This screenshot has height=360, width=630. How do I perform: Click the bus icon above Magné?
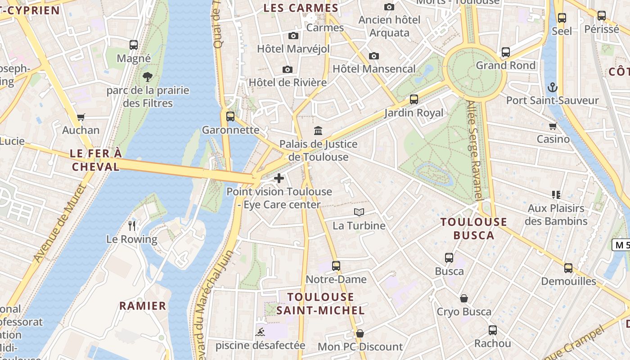134,45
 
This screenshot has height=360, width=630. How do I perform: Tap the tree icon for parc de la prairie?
148,77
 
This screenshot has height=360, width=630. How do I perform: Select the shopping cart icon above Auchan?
81,117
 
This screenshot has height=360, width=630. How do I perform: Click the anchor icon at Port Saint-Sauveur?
552,87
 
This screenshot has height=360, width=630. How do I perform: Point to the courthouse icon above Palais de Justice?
318,131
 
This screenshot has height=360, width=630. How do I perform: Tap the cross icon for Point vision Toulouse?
279,178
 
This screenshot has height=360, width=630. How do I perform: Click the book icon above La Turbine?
359,212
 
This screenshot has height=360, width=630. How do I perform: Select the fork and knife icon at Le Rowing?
132,225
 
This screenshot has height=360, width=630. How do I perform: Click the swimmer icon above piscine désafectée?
260,333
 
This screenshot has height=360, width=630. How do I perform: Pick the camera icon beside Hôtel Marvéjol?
293,36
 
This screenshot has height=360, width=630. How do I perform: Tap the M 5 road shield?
621,245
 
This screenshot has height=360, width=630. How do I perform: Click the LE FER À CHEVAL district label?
95,160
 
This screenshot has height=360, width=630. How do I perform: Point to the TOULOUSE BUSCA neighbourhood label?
474,228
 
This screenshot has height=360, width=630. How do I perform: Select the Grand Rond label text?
506,65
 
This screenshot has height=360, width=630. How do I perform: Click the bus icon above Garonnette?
230,117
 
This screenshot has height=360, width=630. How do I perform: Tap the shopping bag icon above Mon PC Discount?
360,333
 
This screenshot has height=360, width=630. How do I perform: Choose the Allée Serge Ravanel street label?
474,151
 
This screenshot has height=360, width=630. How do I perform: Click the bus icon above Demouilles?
568,268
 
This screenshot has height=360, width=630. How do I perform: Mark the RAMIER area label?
143,306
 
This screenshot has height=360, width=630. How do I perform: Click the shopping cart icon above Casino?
553,126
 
